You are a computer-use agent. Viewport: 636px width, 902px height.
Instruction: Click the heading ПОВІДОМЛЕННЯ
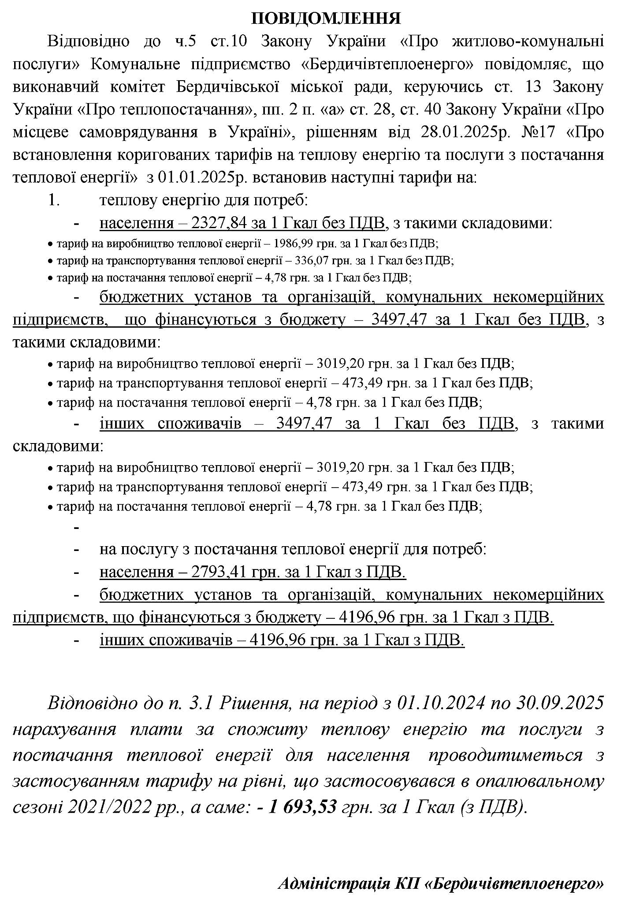click(x=326, y=18)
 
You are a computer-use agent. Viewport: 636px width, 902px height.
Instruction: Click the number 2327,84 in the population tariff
click(x=219, y=223)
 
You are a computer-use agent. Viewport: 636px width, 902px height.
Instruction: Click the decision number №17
click(x=539, y=132)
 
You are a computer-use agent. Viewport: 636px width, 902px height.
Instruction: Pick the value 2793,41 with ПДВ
click(x=219, y=572)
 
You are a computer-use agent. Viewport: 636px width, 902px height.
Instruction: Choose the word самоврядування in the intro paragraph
click(x=138, y=132)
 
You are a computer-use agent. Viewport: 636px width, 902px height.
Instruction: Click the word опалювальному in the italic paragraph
click(x=540, y=781)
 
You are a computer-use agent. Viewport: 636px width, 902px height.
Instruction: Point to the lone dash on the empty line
click(x=77, y=527)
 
